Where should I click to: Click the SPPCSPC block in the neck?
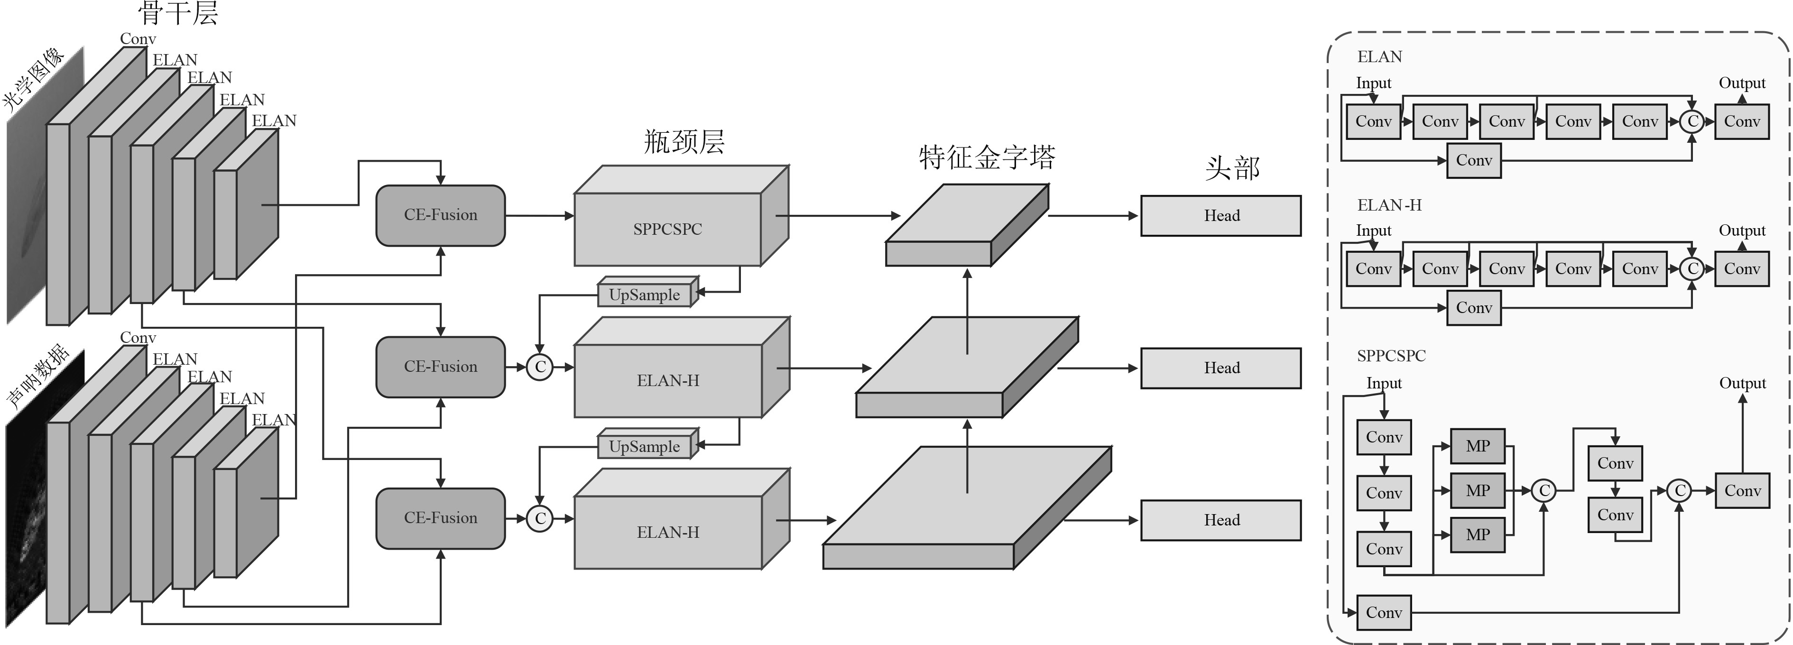coord(667,228)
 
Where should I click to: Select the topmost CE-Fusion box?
coord(441,215)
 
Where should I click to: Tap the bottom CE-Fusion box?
coord(441,518)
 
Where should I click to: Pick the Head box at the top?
coord(1221,216)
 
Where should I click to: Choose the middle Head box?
coord(1221,368)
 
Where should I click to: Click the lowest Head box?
coord(1221,520)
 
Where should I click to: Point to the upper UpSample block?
coord(645,295)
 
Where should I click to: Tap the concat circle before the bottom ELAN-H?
coord(539,519)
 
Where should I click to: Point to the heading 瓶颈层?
coord(684,142)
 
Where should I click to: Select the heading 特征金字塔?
coord(987,158)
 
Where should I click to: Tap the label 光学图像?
coord(33,78)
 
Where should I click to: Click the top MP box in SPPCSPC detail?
coord(1478,446)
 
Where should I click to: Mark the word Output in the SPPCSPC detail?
coord(1742,383)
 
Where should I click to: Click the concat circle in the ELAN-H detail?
coord(1692,268)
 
